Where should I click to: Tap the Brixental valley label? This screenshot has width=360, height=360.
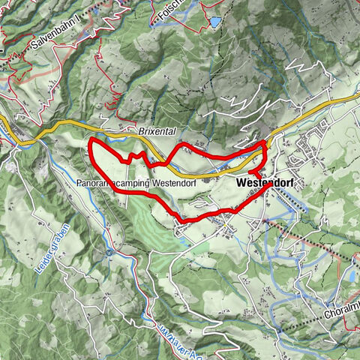[x=156, y=130]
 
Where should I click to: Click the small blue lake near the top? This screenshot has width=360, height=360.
[x=216, y=22]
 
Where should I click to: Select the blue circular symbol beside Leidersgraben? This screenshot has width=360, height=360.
[x=109, y=253]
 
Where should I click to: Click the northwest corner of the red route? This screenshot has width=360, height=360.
[x=91, y=141]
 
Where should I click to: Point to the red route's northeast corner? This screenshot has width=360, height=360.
[x=265, y=141]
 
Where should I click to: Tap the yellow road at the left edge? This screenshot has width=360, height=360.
[x=4, y=122]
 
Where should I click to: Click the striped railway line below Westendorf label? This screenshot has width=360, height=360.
[x=285, y=199]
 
